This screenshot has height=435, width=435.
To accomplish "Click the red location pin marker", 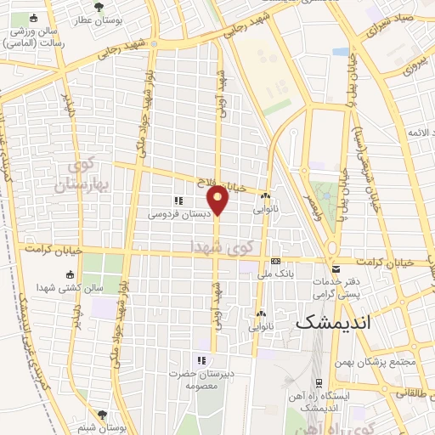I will [218, 199].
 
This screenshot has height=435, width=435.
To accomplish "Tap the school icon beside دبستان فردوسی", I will [178, 201].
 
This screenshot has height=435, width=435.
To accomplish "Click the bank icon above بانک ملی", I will [275, 261].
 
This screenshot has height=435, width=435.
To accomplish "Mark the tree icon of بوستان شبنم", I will [103, 415].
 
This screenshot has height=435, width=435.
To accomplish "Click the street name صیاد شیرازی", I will [392, 24].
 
